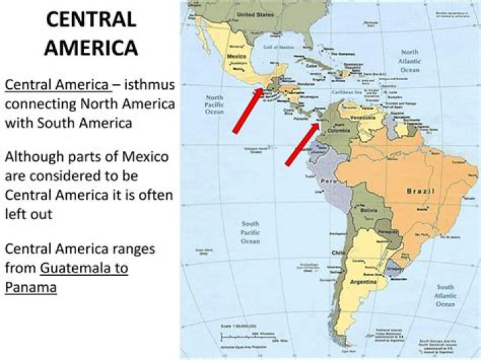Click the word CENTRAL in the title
coord(91,19)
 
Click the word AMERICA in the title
coord(91,47)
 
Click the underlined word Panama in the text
coord(31,287)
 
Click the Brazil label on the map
coord(421,191)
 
